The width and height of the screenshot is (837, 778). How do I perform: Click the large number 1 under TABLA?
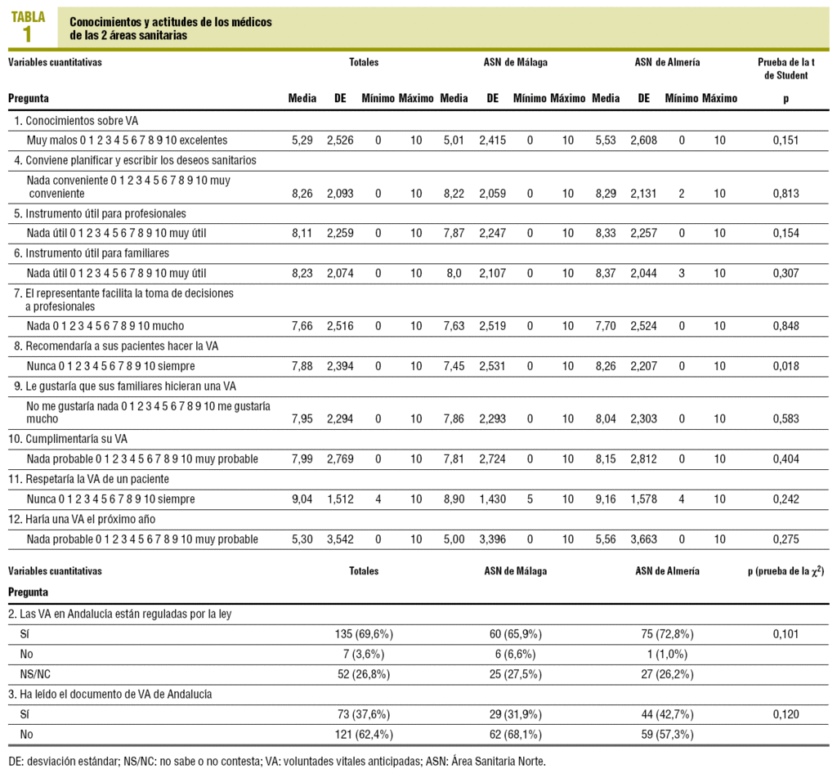[x=28, y=34]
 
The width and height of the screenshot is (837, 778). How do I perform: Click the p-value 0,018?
[x=785, y=365]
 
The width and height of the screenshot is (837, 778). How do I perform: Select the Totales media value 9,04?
[x=302, y=498]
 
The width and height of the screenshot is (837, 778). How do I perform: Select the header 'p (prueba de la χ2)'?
[x=785, y=571]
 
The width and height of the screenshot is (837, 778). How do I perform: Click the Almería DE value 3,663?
[x=643, y=539]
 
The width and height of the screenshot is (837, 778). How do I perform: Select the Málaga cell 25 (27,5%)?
[x=515, y=673]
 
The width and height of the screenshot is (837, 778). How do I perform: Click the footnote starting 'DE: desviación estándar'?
[x=276, y=761]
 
